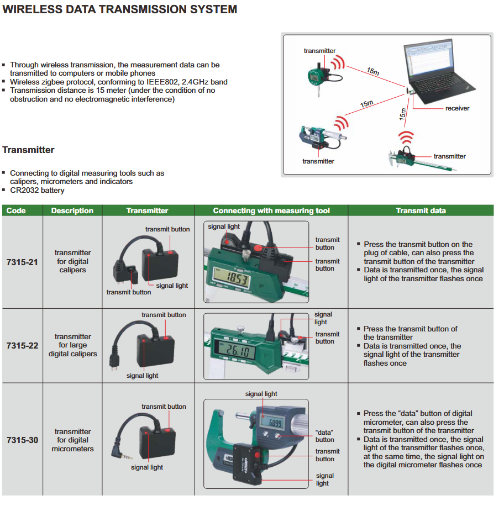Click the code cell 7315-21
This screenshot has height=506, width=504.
click(x=22, y=262)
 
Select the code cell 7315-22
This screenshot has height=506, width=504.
click(x=22, y=346)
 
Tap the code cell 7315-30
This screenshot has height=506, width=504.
click(x=22, y=440)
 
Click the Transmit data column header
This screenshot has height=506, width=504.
click(x=421, y=210)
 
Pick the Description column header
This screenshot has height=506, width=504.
click(x=72, y=210)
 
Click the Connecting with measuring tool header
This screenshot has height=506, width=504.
click(x=271, y=210)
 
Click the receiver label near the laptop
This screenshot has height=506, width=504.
click(x=457, y=108)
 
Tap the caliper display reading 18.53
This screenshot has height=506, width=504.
click(x=232, y=278)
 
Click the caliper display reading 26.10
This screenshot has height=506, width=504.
click(x=235, y=350)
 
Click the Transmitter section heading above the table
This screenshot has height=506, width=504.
click(x=28, y=150)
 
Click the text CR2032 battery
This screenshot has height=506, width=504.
click(x=37, y=190)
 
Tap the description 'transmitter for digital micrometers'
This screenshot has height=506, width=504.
click(x=72, y=440)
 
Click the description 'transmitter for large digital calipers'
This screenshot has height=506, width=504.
click(x=72, y=345)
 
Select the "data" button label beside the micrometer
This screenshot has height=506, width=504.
click(x=324, y=436)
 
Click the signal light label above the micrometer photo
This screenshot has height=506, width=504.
click(x=261, y=394)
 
